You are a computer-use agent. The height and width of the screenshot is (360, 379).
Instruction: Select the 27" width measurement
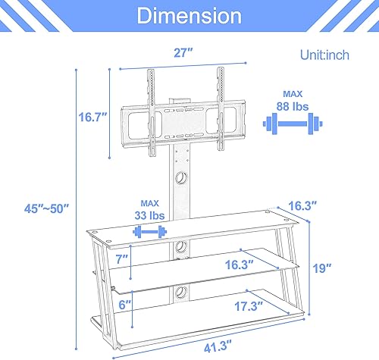(x=182, y=54)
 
